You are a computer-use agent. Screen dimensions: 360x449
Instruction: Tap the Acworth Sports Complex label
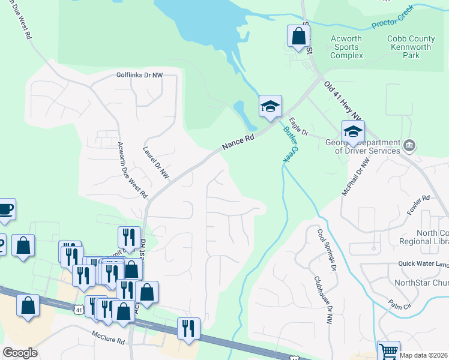coord(347,47)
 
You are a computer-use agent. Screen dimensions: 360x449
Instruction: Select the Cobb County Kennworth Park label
coord(411,47)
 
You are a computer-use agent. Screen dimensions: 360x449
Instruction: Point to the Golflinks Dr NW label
coord(140,76)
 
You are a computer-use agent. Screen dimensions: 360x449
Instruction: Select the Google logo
coord(20,353)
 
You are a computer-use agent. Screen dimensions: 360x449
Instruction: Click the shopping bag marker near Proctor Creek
coord(298,36)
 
